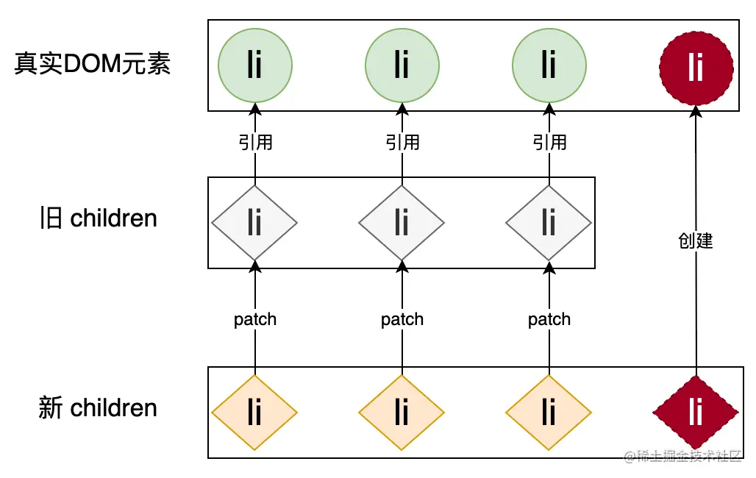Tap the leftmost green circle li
click(x=254, y=66)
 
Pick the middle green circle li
click(x=402, y=66)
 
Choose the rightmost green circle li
click(x=549, y=66)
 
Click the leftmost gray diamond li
click(x=254, y=222)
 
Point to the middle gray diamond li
click(x=402, y=222)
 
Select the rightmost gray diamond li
click(x=549, y=222)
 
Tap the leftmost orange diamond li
click(x=254, y=412)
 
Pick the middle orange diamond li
click(x=402, y=412)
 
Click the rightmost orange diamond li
click(x=549, y=412)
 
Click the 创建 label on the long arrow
click(x=696, y=240)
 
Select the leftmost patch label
click(x=255, y=319)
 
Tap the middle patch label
click(x=402, y=319)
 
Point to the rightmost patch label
click(x=549, y=319)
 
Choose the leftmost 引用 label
click(x=255, y=142)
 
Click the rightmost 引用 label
click(x=549, y=142)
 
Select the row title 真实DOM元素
click(x=93, y=65)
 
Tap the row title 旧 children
click(x=98, y=218)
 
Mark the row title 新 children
click(x=98, y=408)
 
